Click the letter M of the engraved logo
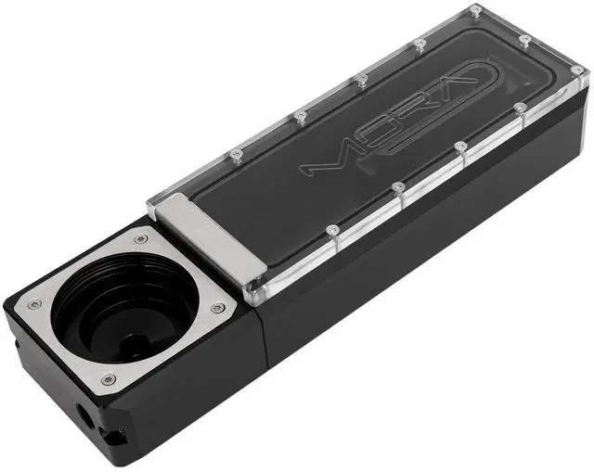point(327,159)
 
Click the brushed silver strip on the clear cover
point(212,236)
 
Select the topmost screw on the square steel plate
point(142,239)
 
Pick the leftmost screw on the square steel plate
point(35,303)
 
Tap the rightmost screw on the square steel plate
point(217,307)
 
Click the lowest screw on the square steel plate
point(109,378)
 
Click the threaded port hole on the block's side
point(84,415)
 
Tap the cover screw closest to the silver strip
point(332,229)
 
